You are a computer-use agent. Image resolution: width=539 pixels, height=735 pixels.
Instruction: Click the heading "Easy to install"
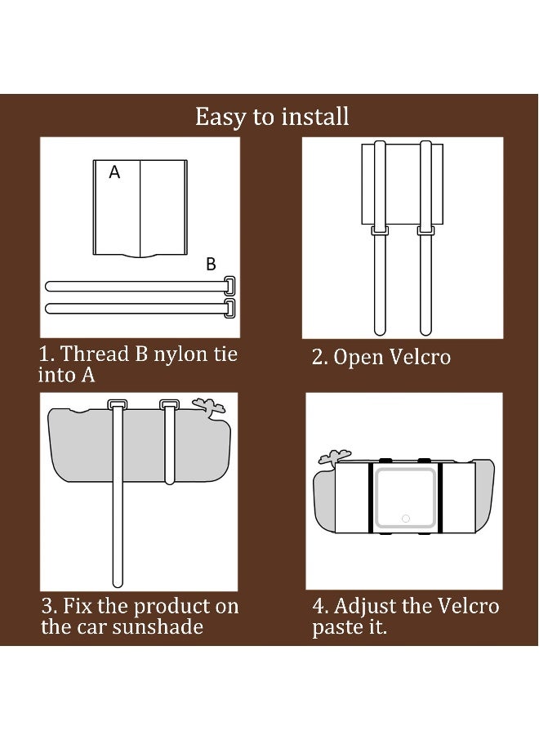[x=272, y=117]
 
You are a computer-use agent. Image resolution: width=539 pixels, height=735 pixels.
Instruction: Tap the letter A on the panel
[x=114, y=172]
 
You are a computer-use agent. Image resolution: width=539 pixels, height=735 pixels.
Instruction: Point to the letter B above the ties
[x=211, y=265]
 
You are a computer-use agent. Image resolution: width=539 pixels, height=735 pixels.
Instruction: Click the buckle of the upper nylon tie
[x=229, y=286]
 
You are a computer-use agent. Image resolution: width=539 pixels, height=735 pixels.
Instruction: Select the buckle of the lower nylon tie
[x=229, y=308]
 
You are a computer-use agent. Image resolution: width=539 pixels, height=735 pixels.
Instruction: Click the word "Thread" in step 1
[x=96, y=354]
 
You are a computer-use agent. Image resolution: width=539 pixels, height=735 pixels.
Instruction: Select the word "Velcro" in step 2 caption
[x=420, y=357]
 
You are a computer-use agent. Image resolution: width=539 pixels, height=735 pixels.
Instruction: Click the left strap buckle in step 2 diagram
[x=380, y=230]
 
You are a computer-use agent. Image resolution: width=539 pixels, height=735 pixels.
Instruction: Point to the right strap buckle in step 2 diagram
[x=425, y=230]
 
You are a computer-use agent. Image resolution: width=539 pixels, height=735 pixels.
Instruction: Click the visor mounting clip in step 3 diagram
[x=210, y=407]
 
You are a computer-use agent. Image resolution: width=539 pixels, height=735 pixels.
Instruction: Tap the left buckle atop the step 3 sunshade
[x=117, y=404]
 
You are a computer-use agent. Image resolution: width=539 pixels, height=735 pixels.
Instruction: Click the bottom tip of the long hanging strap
[x=118, y=585]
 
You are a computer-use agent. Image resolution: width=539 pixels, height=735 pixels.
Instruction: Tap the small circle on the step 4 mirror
[x=406, y=519]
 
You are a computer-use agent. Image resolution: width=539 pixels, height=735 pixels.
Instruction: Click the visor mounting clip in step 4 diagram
[x=333, y=457]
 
